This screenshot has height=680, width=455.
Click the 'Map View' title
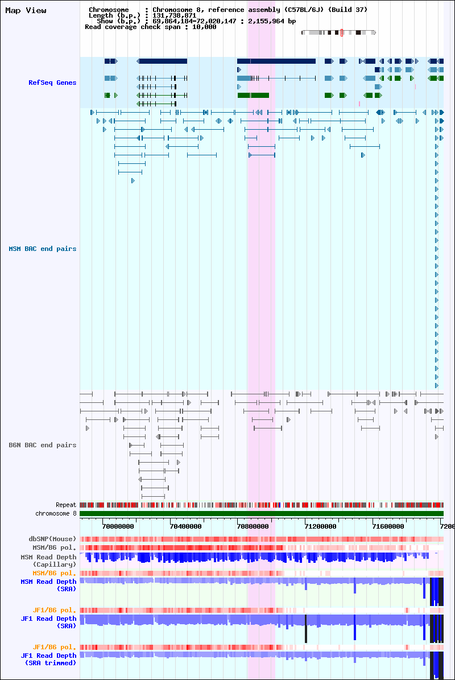pyautogui.click(x=26, y=10)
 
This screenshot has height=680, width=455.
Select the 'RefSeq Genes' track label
pyautogui.click(x=52, y=83)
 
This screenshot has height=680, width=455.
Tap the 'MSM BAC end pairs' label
pyautogui.click(x=43, y=249)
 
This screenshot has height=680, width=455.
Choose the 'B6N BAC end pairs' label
pyautogui.click(x=43, y=445)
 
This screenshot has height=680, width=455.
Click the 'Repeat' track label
pyautogui.click(x=66, y=505)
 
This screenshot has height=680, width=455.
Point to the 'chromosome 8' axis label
pyautogui.click(x=56, y=513)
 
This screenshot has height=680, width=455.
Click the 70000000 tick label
pyautogui.click(x=118, y=526)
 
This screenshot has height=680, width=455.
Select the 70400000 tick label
pyautogui.click(x=185, y=526)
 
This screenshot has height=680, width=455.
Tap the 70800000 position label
pyautogui.click(x=253, y=526)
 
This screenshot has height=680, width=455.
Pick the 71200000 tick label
pyautogui.click(x=321, y=526)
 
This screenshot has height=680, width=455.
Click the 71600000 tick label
pyautogui.click(x=388, y=526)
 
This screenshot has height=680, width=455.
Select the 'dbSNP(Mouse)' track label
pyautogui.click(x=52, y=539)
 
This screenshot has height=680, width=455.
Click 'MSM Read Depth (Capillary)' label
pyautogui.click(x=48, y=561)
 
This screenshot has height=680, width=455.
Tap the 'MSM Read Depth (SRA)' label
pyautogui.click(x=48, y=585)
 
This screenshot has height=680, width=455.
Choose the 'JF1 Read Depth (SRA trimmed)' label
pyautogui.click(x=48, y=659)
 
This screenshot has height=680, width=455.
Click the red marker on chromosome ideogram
pyautogui.click(x=341, y=32)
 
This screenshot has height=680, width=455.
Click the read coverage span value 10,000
pyautogui.click(x=204, y=27)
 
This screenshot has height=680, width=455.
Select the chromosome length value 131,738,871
pyautogui.click(x=174, y=15)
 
